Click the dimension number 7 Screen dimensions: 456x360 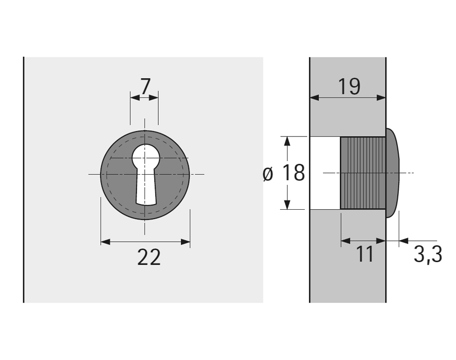146,86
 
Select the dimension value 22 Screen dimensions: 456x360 149,257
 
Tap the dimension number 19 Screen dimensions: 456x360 349,87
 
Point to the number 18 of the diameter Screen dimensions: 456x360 294,173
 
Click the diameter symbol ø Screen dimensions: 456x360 268,174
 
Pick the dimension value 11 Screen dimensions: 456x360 365,254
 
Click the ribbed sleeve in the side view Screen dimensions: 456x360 363,173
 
